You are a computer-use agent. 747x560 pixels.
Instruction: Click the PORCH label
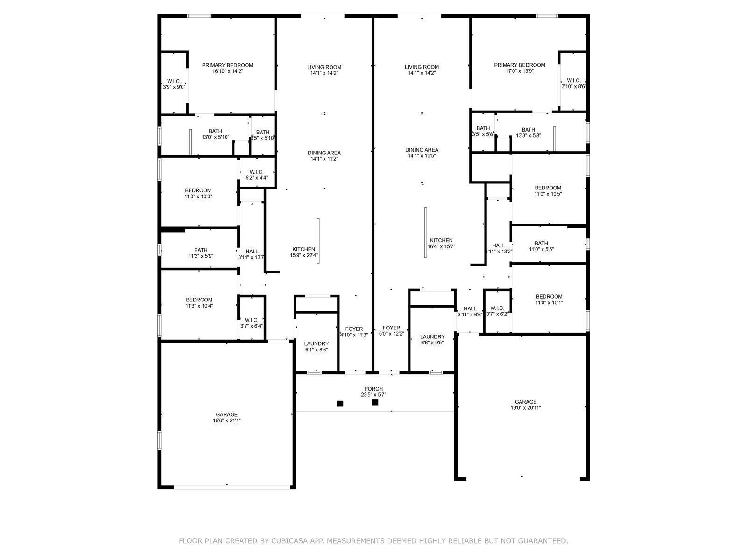373,389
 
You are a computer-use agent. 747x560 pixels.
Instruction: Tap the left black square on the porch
340,404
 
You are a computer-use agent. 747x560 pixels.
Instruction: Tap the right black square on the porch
375,402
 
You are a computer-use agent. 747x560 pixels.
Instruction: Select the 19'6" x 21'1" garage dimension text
227,420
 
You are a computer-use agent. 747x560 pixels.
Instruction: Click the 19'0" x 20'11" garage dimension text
526,408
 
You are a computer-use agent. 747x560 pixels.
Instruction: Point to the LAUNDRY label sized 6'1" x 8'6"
317,343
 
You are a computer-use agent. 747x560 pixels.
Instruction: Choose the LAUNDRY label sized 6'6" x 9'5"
432,337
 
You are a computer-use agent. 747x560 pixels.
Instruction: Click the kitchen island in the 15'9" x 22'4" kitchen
318,240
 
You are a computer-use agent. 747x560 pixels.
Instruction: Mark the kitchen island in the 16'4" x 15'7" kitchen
425,232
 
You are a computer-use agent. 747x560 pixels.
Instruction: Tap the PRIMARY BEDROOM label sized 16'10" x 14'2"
227,65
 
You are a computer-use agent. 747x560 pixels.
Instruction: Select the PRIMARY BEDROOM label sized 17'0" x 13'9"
520,65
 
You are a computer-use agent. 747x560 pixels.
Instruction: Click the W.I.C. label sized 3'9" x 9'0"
174,81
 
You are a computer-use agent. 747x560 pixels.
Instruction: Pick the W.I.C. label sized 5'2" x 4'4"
257,172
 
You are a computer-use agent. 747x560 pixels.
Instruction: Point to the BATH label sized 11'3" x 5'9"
201,250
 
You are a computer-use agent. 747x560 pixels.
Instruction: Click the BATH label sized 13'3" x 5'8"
529,130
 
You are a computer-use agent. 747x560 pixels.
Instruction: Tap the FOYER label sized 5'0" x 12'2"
391,329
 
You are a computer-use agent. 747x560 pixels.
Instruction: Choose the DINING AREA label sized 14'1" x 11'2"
324,153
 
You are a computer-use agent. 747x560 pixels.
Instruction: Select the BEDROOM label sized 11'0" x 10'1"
549,297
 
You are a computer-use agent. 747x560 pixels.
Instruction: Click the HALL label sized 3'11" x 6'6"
470,308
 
